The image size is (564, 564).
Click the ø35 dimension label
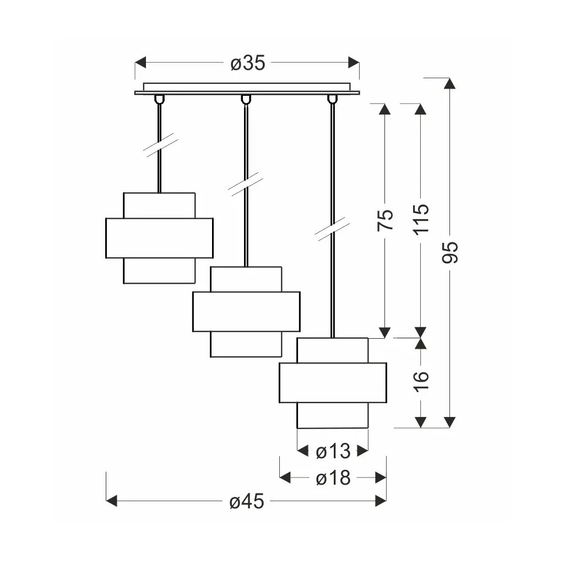248,63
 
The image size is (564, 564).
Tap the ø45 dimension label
247,501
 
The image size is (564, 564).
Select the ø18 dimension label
333,478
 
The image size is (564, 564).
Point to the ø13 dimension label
333,451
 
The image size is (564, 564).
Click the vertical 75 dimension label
385,220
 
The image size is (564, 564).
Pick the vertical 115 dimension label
421,220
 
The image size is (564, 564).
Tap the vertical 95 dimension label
450,252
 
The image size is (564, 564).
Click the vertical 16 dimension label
421,381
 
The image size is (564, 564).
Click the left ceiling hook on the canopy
159,99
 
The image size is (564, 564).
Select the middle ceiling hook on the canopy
246,99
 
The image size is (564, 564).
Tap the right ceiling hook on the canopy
332,99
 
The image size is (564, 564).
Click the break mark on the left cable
160,145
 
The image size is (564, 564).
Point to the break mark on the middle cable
246,184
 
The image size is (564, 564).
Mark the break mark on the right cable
332,229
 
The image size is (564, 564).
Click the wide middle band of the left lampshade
159,238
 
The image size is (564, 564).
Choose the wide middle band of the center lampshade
246,312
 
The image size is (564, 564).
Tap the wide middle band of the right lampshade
333,383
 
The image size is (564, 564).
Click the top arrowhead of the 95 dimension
449,84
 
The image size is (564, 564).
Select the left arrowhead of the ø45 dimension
111,501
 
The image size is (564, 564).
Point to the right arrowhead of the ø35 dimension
354,62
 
